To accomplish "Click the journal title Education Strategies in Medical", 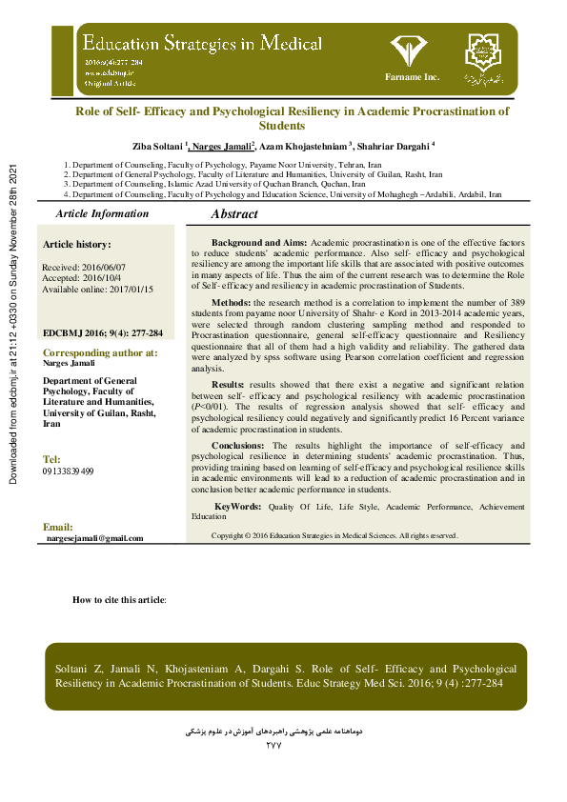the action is point(202,44).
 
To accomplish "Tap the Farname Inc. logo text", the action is point(412,75).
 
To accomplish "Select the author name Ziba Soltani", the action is point(158,146).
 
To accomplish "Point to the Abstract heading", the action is point(234,215).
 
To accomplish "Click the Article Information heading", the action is point(102,214).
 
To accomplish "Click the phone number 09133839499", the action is point(69,471).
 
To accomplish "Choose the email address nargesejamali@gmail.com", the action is point(95,538).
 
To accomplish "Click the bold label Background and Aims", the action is point(259,244).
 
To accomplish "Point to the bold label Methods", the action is point(231,300).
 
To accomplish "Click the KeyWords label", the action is point(237,507).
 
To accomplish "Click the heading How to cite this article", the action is point(119,600).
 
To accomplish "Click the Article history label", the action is point(77,245).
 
